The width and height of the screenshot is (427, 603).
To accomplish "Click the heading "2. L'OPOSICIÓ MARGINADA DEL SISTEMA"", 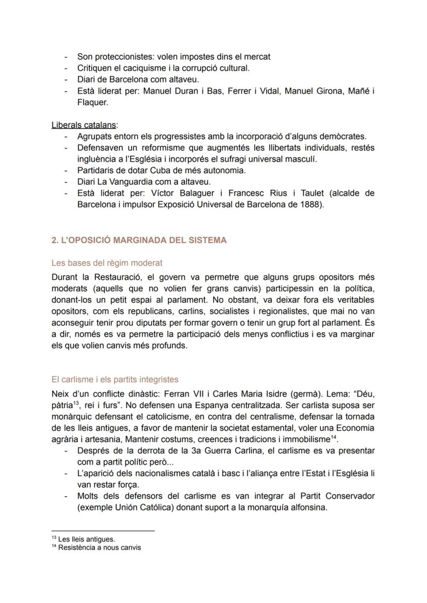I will (139, 240).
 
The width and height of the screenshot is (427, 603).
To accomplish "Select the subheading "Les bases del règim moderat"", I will (107, 263).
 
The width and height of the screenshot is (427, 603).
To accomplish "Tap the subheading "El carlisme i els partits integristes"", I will (115, 380).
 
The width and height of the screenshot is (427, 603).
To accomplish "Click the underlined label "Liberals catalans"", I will (84, 125).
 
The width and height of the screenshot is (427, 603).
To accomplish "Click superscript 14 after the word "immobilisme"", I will (333, 437).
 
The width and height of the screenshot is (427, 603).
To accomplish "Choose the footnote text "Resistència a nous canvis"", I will (99, 547).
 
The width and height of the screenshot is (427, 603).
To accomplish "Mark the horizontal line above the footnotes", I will (103, 531).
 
